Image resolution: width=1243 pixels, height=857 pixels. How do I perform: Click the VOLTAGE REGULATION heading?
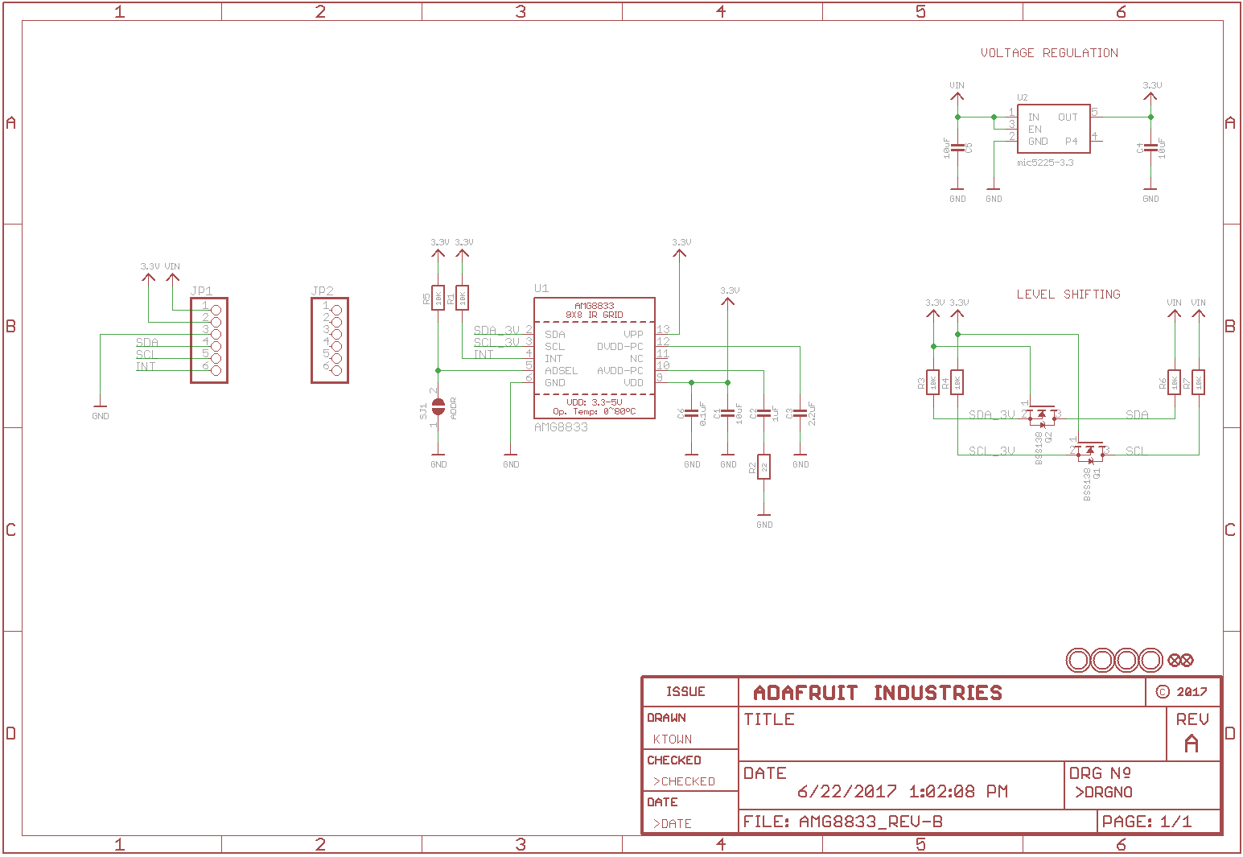[x=1049, y=53]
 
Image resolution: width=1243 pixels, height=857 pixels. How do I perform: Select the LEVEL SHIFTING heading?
[x=1068, y=295]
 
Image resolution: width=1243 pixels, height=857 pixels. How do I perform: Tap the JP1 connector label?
[x=202, y=290]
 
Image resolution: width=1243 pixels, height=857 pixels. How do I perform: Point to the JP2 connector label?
[x=322, y=290]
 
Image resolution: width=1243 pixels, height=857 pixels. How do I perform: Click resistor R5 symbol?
[x=438, y=299]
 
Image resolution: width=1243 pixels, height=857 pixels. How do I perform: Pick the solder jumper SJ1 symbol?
[x=438, y=406]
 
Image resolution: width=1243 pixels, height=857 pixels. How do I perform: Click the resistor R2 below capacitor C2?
[x=763, y=467]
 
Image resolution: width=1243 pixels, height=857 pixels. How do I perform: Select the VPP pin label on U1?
[x=633, y=334]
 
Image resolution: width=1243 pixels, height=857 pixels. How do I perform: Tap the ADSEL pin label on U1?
[x=561, y=371]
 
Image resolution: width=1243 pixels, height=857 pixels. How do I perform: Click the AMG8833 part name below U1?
[x=561, y=427]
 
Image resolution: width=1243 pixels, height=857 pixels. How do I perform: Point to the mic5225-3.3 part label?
[x=1045, y=163]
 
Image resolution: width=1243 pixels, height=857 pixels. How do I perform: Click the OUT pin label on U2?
[x=1068, y=117]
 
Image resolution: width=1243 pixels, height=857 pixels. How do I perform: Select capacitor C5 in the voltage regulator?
[x=957, y=148]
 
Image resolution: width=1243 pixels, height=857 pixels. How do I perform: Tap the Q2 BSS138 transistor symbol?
[x=1042, y=416]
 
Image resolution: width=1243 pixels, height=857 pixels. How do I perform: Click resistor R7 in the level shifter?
[x=1198, y=382]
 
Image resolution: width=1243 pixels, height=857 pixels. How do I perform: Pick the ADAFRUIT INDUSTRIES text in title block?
[x=878, y=693]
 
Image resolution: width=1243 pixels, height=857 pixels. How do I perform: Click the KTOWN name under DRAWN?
[x=673, y=739]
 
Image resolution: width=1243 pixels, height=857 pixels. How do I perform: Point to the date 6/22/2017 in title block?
[x=847, y=792]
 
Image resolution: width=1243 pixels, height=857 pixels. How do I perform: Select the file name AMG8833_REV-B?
[x=871, y=822]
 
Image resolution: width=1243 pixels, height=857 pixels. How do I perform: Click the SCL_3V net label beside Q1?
[x=992, y=451]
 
